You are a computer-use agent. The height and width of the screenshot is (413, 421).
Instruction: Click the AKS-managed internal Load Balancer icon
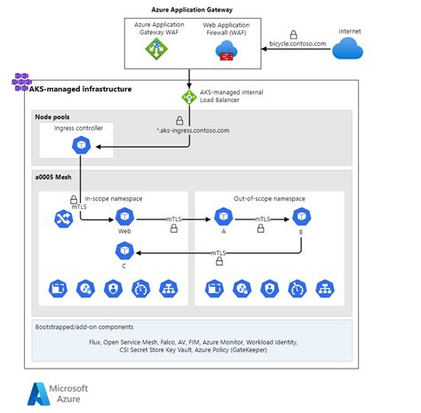(x=189, y=97)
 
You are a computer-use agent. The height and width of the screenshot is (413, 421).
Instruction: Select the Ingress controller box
(x=79, y=140)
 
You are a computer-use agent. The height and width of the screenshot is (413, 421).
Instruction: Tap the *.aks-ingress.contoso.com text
(x=192, y=130)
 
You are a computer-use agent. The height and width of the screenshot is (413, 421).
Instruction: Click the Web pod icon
(x=124, y=217)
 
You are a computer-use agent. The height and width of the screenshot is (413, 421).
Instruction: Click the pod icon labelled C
(x=124, y=251)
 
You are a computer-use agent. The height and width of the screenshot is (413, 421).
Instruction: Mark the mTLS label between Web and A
(x=175, y=217)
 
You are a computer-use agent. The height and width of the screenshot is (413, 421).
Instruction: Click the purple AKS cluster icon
(x=20, y=82)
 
